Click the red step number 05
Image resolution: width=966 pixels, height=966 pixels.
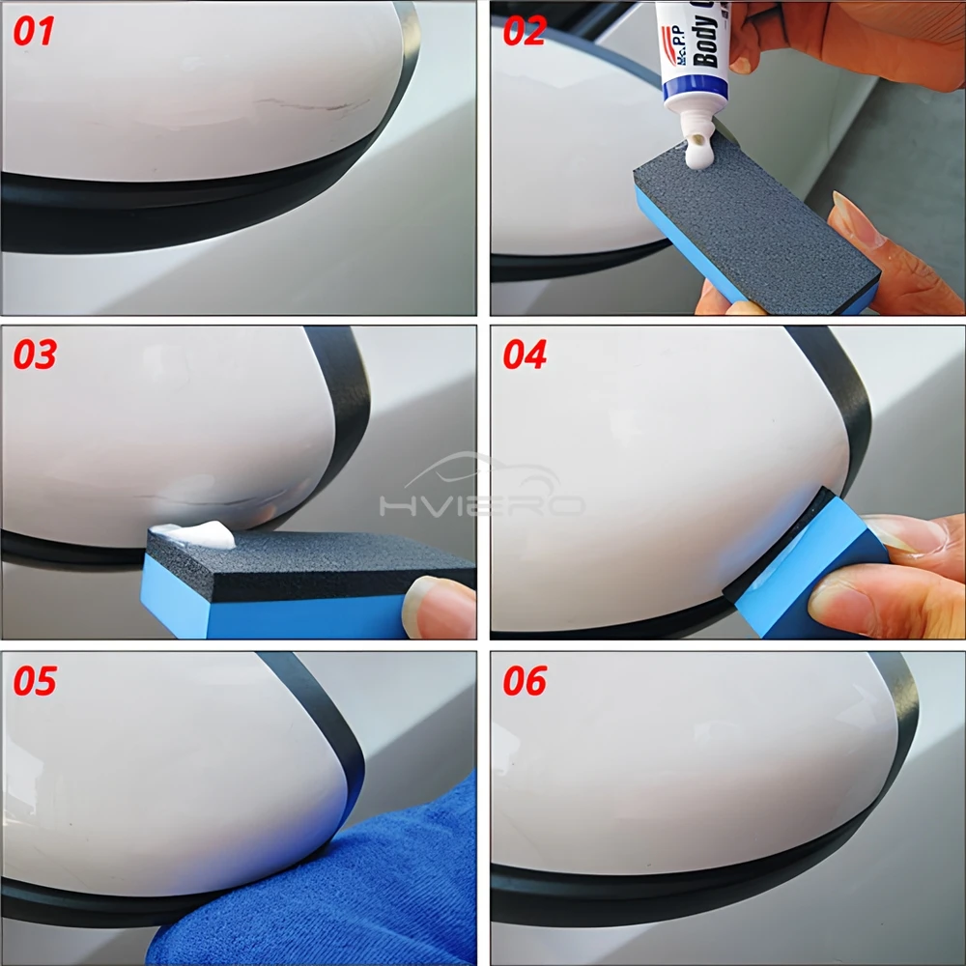pos(35,680)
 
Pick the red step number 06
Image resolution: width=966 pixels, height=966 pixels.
pos(526,680)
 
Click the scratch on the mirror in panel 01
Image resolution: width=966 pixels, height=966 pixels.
pos(309,102)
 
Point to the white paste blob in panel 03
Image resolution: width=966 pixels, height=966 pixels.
pos(198,534)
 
